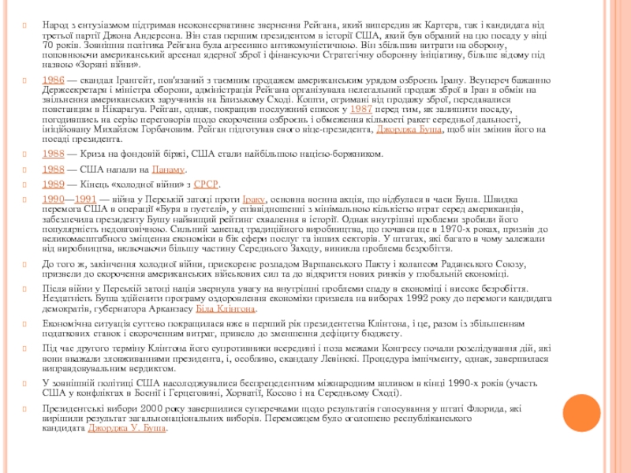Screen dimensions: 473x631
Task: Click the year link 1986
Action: [53, 80]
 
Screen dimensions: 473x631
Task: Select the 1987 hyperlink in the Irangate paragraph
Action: [361, 110]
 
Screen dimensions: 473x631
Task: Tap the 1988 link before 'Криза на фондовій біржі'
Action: [53, 154]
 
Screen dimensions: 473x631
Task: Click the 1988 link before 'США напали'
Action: [53, 169]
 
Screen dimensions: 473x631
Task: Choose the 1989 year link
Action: [53, 184]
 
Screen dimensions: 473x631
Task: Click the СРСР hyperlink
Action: [206, 184]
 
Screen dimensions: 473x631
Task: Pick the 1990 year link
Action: [53, 199]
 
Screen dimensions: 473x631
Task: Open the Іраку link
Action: [254, 199]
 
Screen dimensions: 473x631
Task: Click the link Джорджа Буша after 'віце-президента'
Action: [408, 128]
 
